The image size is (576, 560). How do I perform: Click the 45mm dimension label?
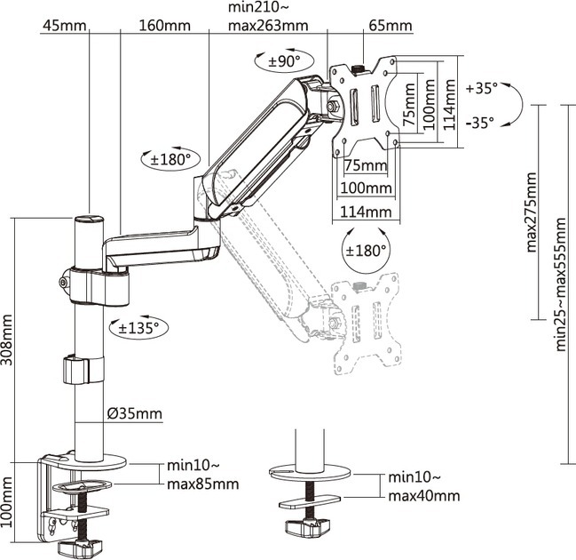pyautogui.click(x=64, y=26)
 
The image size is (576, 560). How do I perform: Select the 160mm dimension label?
pyautogui.click(x=164, y=26)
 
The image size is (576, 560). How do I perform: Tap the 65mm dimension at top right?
pyautogui.click(x=391, y=26)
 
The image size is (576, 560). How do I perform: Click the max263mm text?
pyautogui.click(x=268, y=26)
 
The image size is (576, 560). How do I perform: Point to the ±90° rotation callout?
pyautogui.click(x=284, y=60)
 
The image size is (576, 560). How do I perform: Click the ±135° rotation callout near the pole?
pyautogui.click(x=138, y=327)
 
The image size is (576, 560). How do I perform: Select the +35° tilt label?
pyautogui.click(x=482, y=89)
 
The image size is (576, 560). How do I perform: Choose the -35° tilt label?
pyautogui.click(x=480, y=123)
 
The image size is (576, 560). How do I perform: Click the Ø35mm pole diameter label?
pyautogui.click(x=134, y=413)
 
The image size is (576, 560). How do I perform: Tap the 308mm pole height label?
pyautogui.click(x=6, y=340)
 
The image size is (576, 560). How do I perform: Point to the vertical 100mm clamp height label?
pyautogui.click(x=6, y=502)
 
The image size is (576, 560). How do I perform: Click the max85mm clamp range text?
pyautogui.click(x=202, y=484)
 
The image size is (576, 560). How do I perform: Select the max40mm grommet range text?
pyautogui.click(x=424, y=496)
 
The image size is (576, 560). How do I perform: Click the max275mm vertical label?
pyautogui.click(x=532, y=212)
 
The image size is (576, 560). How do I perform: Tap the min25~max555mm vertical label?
pyautogui.click(x=560, y=284)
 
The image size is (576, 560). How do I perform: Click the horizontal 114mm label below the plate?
pyautogui.click(x=366, y=212)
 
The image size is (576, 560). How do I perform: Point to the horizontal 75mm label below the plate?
pyautogui.click(x=366, y=165)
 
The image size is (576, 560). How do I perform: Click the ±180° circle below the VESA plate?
pyautogui.click(x=366, y=251)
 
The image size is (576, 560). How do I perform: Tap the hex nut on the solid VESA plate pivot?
pyautogui.click(x=333, y=106)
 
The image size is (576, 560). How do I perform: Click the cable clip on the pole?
pyautogui.click(x=75, y=370)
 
